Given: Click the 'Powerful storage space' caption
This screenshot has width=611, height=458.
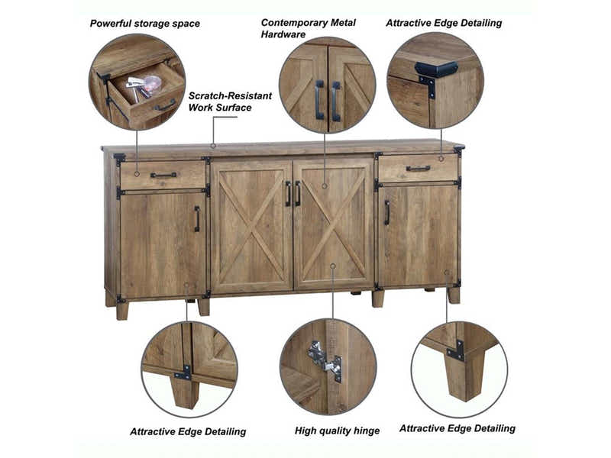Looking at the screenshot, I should (145, 24).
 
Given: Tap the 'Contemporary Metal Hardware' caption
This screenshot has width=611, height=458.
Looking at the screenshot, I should (309, 28).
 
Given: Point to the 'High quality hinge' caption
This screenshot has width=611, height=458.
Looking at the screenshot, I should (337, 431).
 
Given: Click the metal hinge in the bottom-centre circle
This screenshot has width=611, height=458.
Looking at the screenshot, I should (324, 361).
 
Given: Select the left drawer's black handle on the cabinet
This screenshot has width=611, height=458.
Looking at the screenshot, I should (163, 176).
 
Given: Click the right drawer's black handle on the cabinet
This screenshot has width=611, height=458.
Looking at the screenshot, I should (418, 169).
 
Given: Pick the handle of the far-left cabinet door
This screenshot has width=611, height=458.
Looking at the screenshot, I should (197, 218).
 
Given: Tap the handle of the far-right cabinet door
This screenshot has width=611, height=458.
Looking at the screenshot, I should (387, 212).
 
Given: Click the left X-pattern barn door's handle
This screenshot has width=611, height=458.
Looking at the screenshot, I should (288, 194).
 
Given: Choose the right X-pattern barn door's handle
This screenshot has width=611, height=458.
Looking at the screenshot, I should (298, 194).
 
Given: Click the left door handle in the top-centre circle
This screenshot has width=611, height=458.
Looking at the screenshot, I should (319, 100).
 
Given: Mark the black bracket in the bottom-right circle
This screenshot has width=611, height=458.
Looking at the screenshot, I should (455, 350).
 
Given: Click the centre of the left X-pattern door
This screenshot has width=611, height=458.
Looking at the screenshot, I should (251, 227).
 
